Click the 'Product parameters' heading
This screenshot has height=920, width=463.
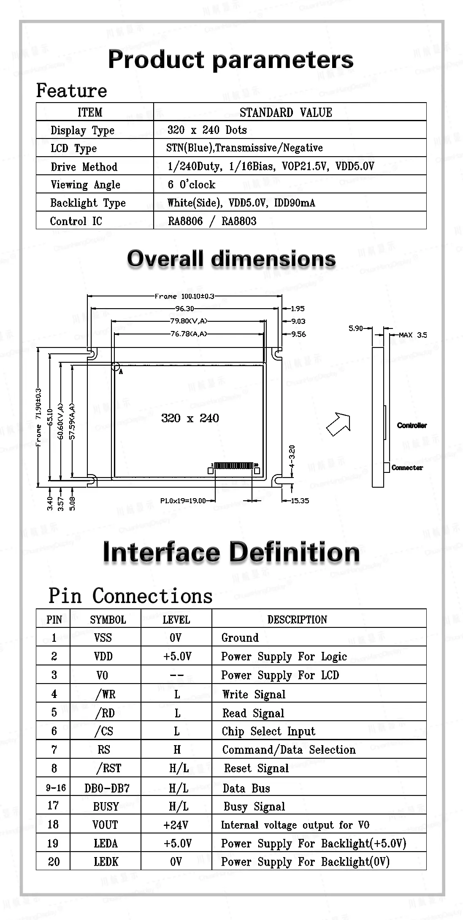230,60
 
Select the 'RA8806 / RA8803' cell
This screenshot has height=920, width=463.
212,221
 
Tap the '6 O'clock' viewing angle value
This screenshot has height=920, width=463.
191,184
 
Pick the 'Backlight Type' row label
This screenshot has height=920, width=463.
88,203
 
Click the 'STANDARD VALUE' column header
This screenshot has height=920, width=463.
286,112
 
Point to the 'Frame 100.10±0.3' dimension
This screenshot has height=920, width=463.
184,296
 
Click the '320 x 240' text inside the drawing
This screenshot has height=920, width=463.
190,418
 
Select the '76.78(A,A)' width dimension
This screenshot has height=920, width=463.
189,334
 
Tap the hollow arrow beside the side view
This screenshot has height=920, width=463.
339,424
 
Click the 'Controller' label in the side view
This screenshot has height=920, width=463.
412,425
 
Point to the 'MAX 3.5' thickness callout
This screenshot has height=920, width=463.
413,335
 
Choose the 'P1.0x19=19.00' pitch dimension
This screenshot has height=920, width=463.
183,501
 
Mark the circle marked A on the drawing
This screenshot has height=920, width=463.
116,366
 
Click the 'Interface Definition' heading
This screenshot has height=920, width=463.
231,552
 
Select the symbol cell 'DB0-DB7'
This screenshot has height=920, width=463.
107,788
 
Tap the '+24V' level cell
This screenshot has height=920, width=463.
176,825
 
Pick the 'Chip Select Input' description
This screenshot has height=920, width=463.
268,731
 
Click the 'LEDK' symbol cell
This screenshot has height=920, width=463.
106,861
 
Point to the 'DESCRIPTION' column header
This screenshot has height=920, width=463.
297,619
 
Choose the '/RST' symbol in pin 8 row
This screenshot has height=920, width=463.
109,768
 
